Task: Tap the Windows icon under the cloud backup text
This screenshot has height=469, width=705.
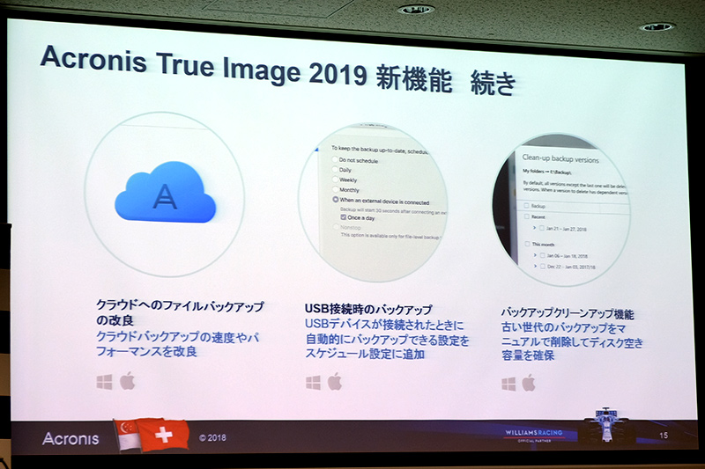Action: click(x=105, y=381)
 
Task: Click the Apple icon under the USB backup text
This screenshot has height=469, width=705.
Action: click(x=335, y=382)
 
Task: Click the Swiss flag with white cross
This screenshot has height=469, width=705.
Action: click(x=164, y=435)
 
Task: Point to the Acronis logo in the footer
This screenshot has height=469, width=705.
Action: click(x=70, y=438)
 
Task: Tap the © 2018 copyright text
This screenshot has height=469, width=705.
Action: click(x=214, y=436)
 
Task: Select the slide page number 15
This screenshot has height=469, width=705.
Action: click(x=664, y=436)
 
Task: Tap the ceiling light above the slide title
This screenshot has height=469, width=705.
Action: click(x=417, y=10)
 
